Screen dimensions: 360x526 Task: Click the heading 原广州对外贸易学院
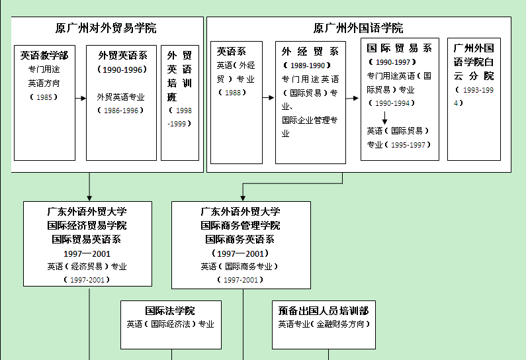[x=106, y=28]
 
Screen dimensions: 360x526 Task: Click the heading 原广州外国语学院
[x=358, y=28]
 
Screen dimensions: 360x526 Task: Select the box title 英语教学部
[x=44, y=56]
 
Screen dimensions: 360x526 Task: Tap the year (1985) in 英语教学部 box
[x=44, y=97]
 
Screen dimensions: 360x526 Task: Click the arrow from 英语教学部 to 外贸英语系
[x=81, y=98]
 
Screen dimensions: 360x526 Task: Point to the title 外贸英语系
[x=122, y=56]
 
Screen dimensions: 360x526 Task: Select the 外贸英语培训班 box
[x=179, y=103]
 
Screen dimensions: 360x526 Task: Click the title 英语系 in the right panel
[x=232, y=51]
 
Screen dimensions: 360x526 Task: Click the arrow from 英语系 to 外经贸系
[x=269, y=98]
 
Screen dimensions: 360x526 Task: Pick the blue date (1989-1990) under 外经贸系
[x=304, y=66]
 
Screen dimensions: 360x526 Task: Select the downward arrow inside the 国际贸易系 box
[x=384, y=118]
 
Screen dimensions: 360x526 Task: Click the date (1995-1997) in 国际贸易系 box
[x=408, y=144]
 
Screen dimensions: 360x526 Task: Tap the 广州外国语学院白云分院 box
[x=474, y=99]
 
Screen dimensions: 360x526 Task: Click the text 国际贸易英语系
[x=87, y=239]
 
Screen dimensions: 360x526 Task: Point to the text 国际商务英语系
[x=240, y=239]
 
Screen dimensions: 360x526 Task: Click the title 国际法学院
[x=170, y=310]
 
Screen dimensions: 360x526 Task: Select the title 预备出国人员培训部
[x=324, y=310]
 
